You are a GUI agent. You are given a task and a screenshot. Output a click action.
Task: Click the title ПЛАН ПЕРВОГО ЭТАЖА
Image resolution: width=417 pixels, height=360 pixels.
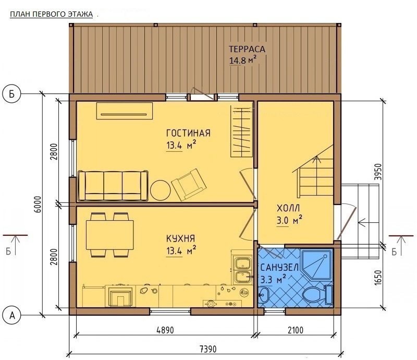pyautogui.click(x=51, y=14)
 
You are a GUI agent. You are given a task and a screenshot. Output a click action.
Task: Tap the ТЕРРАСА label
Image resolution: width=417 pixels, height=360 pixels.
pyautogui.click(x=247, y=49)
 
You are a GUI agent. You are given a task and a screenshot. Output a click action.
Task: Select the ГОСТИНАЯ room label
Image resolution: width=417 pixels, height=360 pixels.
pyautogui.click(x=188, y=133)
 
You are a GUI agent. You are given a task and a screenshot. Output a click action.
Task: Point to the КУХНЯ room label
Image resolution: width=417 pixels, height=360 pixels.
pyautogui.click(x=180, y=238)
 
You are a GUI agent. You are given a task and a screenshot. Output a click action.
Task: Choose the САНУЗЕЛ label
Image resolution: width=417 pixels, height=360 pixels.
pyautogui.click(x=279, y=267)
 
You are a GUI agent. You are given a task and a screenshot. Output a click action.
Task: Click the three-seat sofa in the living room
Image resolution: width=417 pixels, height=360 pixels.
pyautogui.click(x=113, y=186)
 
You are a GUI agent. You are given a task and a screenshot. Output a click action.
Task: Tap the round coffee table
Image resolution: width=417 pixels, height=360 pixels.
pyautogui.click(x=160, y=190)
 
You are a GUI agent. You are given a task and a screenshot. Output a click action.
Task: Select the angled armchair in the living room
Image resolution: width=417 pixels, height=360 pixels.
pyautogui.click(x=189, y=185)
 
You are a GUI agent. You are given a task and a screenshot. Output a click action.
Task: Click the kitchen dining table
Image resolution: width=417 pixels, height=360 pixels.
pyautogui.click(x=109, y=235)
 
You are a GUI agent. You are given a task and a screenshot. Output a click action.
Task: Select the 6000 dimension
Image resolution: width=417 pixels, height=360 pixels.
pyautogui.click(x=38, y=204)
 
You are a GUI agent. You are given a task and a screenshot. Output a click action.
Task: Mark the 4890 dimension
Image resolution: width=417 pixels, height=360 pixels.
pyautogui.click(x=165, y=330)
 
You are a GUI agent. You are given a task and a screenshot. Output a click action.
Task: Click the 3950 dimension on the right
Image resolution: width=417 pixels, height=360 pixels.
pyautogui.click(x=378, y=172)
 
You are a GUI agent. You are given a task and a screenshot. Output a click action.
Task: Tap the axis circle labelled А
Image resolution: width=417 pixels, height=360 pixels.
pyautogui.click(x=11, y=316)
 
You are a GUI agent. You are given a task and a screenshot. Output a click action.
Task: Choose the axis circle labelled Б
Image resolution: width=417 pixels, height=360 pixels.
pyautogui.click(x=11, y=94)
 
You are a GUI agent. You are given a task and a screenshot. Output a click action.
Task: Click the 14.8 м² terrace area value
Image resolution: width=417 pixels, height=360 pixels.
pyautogui.click(x=243, y=61)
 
